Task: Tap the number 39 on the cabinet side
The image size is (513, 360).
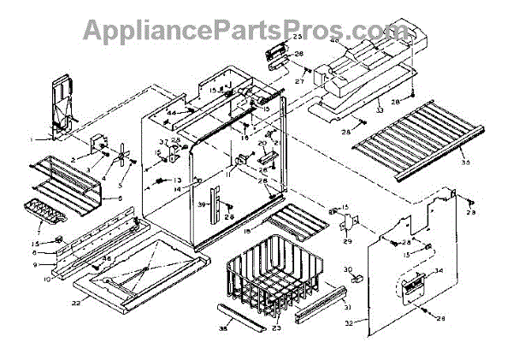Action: click(x=203, y=205)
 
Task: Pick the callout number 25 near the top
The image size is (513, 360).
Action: click(x=298, y=38)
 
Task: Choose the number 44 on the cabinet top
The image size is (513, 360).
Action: click(x=171, y=113)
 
